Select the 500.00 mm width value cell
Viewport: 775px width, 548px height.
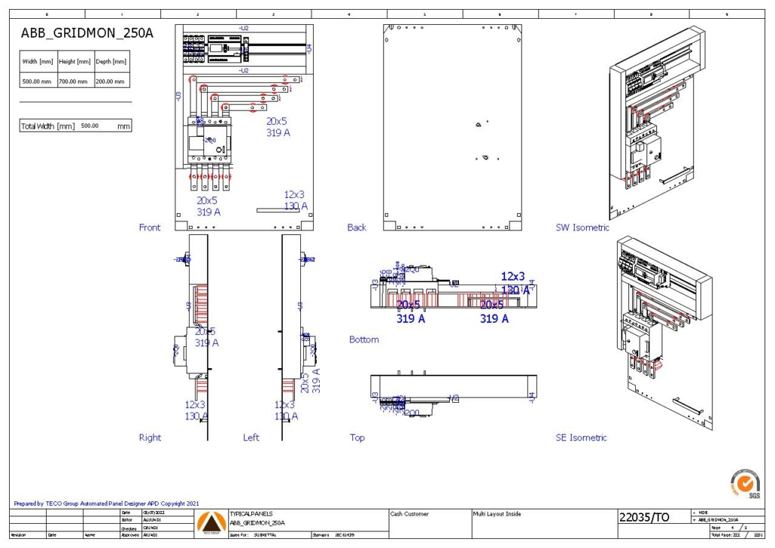click(37, 81)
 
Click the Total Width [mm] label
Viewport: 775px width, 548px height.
click(47, 126)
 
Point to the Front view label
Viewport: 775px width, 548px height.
click(150, 227)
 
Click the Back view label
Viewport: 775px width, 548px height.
click(357, 227)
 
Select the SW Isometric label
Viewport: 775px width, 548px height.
click(582, 227)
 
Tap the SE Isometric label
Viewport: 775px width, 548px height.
click(581, 437)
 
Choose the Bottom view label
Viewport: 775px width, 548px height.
click(364, 339)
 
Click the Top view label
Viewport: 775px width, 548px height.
click(357, 437)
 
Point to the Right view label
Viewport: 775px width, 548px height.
click(150, 437)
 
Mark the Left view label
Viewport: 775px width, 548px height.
click(251, 437)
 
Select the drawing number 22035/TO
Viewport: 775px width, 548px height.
click(643, 518)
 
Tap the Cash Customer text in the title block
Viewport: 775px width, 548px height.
click(410, 514)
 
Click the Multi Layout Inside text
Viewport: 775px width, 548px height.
click(497, 514)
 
